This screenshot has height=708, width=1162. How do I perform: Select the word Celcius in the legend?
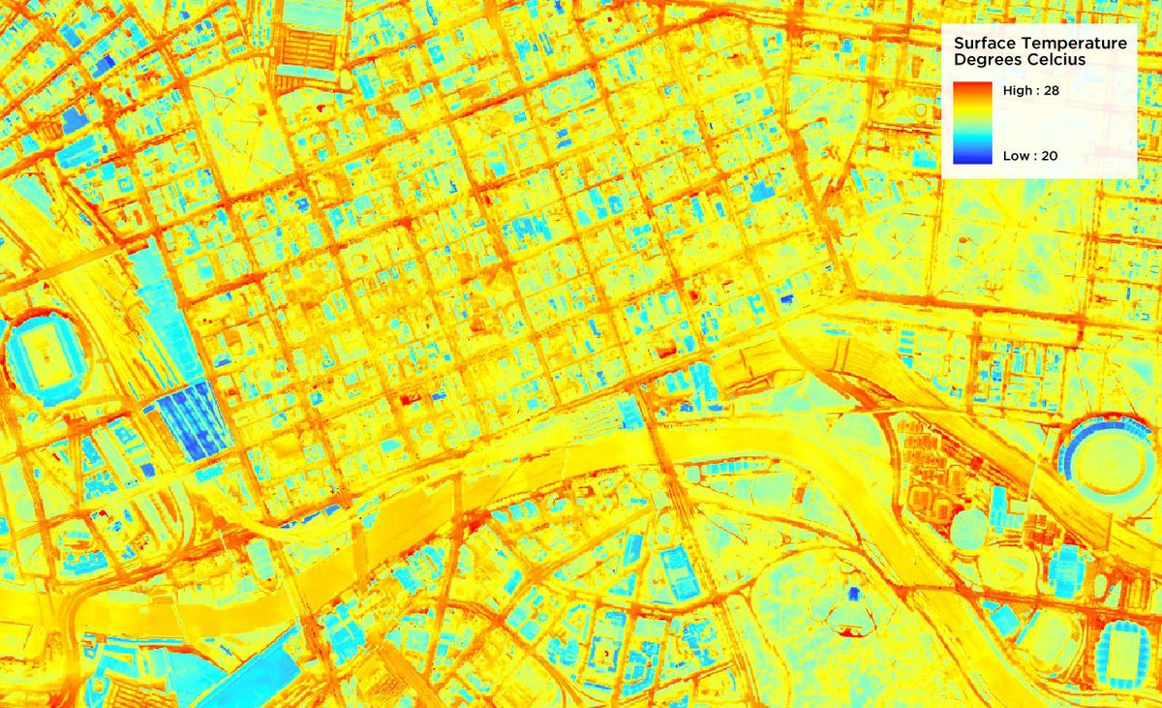tap(1058, 60)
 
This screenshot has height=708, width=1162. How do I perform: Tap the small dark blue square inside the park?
tap(853, 593)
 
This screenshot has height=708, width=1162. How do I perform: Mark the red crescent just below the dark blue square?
tap(850, 631)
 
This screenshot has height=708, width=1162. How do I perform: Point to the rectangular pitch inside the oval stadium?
tap(45, 358)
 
